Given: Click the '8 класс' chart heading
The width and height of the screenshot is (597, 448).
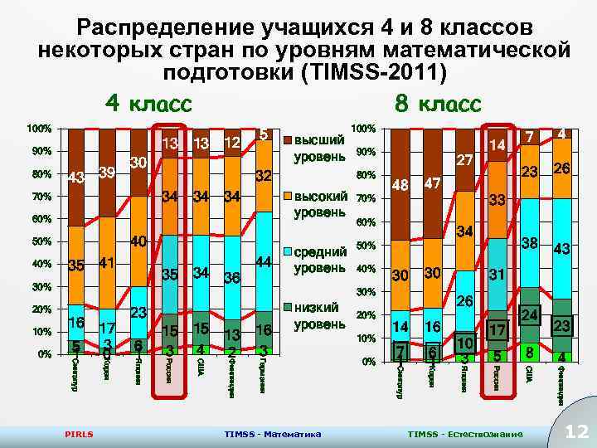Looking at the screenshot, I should click(437, 104).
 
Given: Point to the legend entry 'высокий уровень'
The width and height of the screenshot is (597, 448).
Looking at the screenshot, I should click(319, 204).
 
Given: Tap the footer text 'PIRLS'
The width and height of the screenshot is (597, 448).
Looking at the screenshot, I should click(79, 434).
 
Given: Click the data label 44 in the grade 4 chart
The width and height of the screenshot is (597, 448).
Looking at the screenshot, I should click(265, 261).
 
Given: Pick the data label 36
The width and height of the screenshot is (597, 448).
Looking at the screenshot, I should click(232, 279).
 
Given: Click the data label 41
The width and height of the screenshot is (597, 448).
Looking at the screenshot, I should click(106, 265).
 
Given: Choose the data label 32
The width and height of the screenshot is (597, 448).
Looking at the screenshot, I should click(265, 177).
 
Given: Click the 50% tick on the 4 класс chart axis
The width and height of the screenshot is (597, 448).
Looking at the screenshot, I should click(39, 242).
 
